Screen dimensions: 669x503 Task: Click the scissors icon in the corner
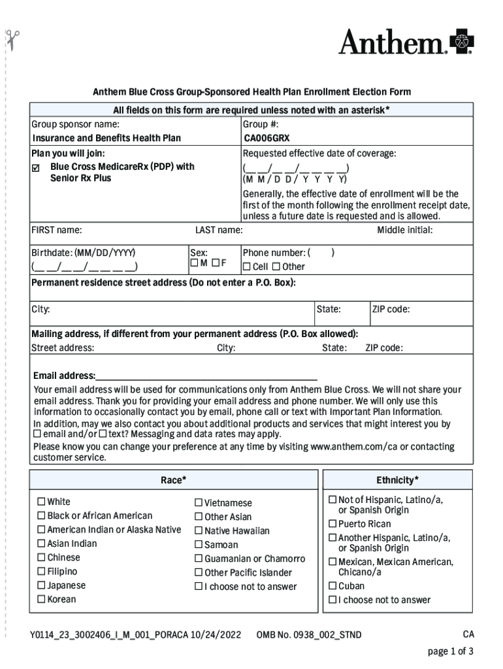(13, 40)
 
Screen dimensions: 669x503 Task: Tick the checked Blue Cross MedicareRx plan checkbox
(37, 167)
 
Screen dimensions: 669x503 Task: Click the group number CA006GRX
(266, 138)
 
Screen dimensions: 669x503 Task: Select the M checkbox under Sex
(194, 263)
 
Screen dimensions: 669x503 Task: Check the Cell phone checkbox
(247, 267)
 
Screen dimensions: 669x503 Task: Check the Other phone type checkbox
(276, 267)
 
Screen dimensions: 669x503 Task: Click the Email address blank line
(206, 376)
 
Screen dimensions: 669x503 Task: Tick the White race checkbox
(41, 502)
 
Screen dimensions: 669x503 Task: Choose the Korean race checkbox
(41, 599)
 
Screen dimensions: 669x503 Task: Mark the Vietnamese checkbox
(199, 503)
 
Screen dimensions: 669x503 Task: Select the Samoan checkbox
(199, 545)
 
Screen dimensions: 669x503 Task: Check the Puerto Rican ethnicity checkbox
(333, 524)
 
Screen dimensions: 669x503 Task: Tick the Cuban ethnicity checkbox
(333, 586)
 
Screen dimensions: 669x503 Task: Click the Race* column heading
(174, 480)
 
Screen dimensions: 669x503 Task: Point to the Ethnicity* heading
(397, 480)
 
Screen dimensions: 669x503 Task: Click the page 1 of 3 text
(450, 651)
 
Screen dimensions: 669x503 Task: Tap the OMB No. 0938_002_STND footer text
(308, 635)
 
